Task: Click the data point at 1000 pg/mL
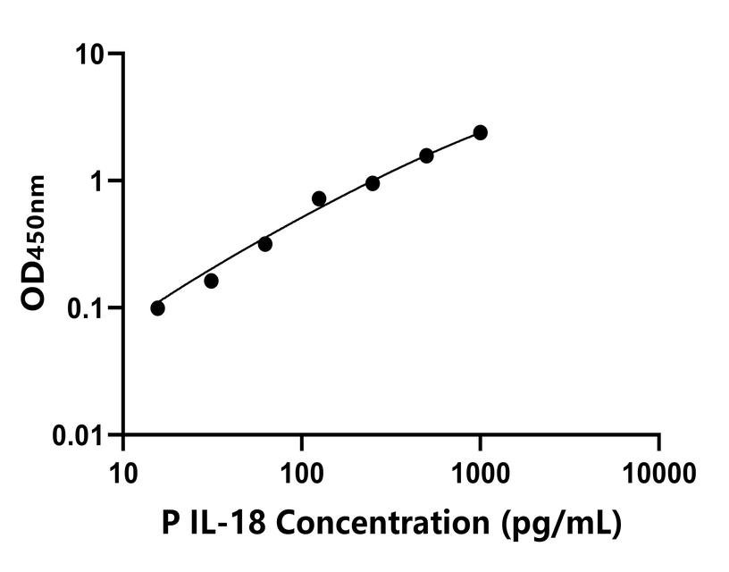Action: coord(481,132)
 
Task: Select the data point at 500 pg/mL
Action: coord(426,156)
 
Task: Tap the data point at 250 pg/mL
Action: coord(373,183)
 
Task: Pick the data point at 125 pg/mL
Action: coord(319,198)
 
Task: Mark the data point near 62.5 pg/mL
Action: coord(265,244)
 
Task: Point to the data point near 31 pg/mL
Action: coord(212,281)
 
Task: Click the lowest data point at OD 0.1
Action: coord(158,308)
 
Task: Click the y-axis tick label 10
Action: coord(90,54)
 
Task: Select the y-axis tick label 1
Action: coord(97,181)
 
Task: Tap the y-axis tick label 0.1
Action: coord(85,308)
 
